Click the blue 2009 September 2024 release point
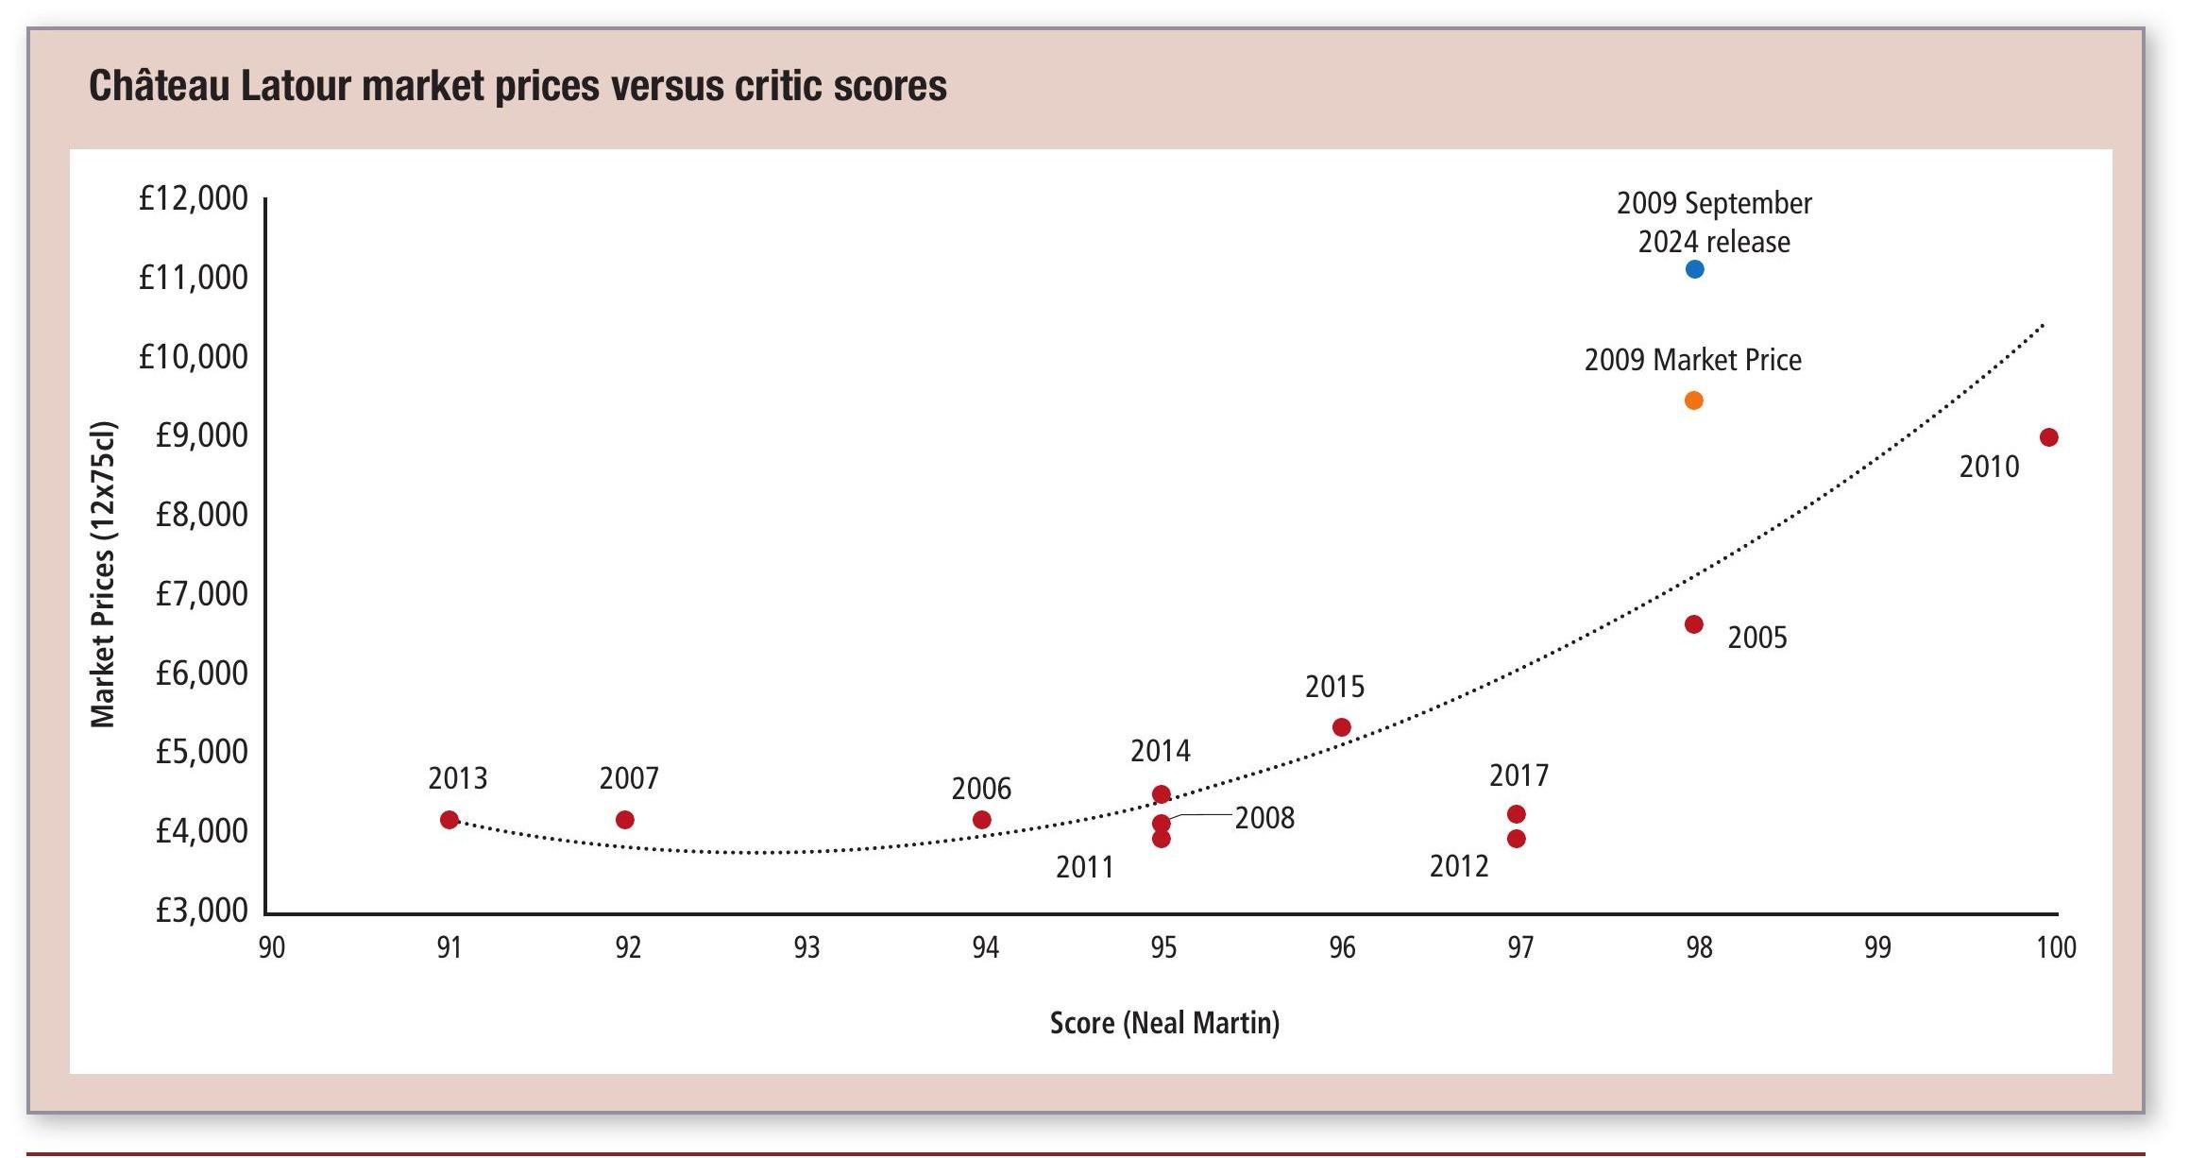click(x=1694, y=269)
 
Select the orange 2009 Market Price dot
click(x=1693, y=400)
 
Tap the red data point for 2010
click(x=2048, y=437)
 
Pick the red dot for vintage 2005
click(x=1693, y=624)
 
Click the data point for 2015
click(x=1341, y=727)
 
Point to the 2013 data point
click(x=450, y=820)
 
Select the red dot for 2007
click(x=624, y=820)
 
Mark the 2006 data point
click(x=981, y=820)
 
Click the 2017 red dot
click(x=1516, y=814)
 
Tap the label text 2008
click(x=1264, y=818)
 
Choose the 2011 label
click(x=1085, y=867)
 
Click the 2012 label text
click(x=1458, y=866)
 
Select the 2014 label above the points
click(x=1161, y=752)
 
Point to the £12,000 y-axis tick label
click(x=193, y=199)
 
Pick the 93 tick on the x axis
click(x=806, y=947)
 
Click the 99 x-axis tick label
click(x=1877, y=947)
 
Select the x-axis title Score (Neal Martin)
click(x=1164, y=1023)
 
